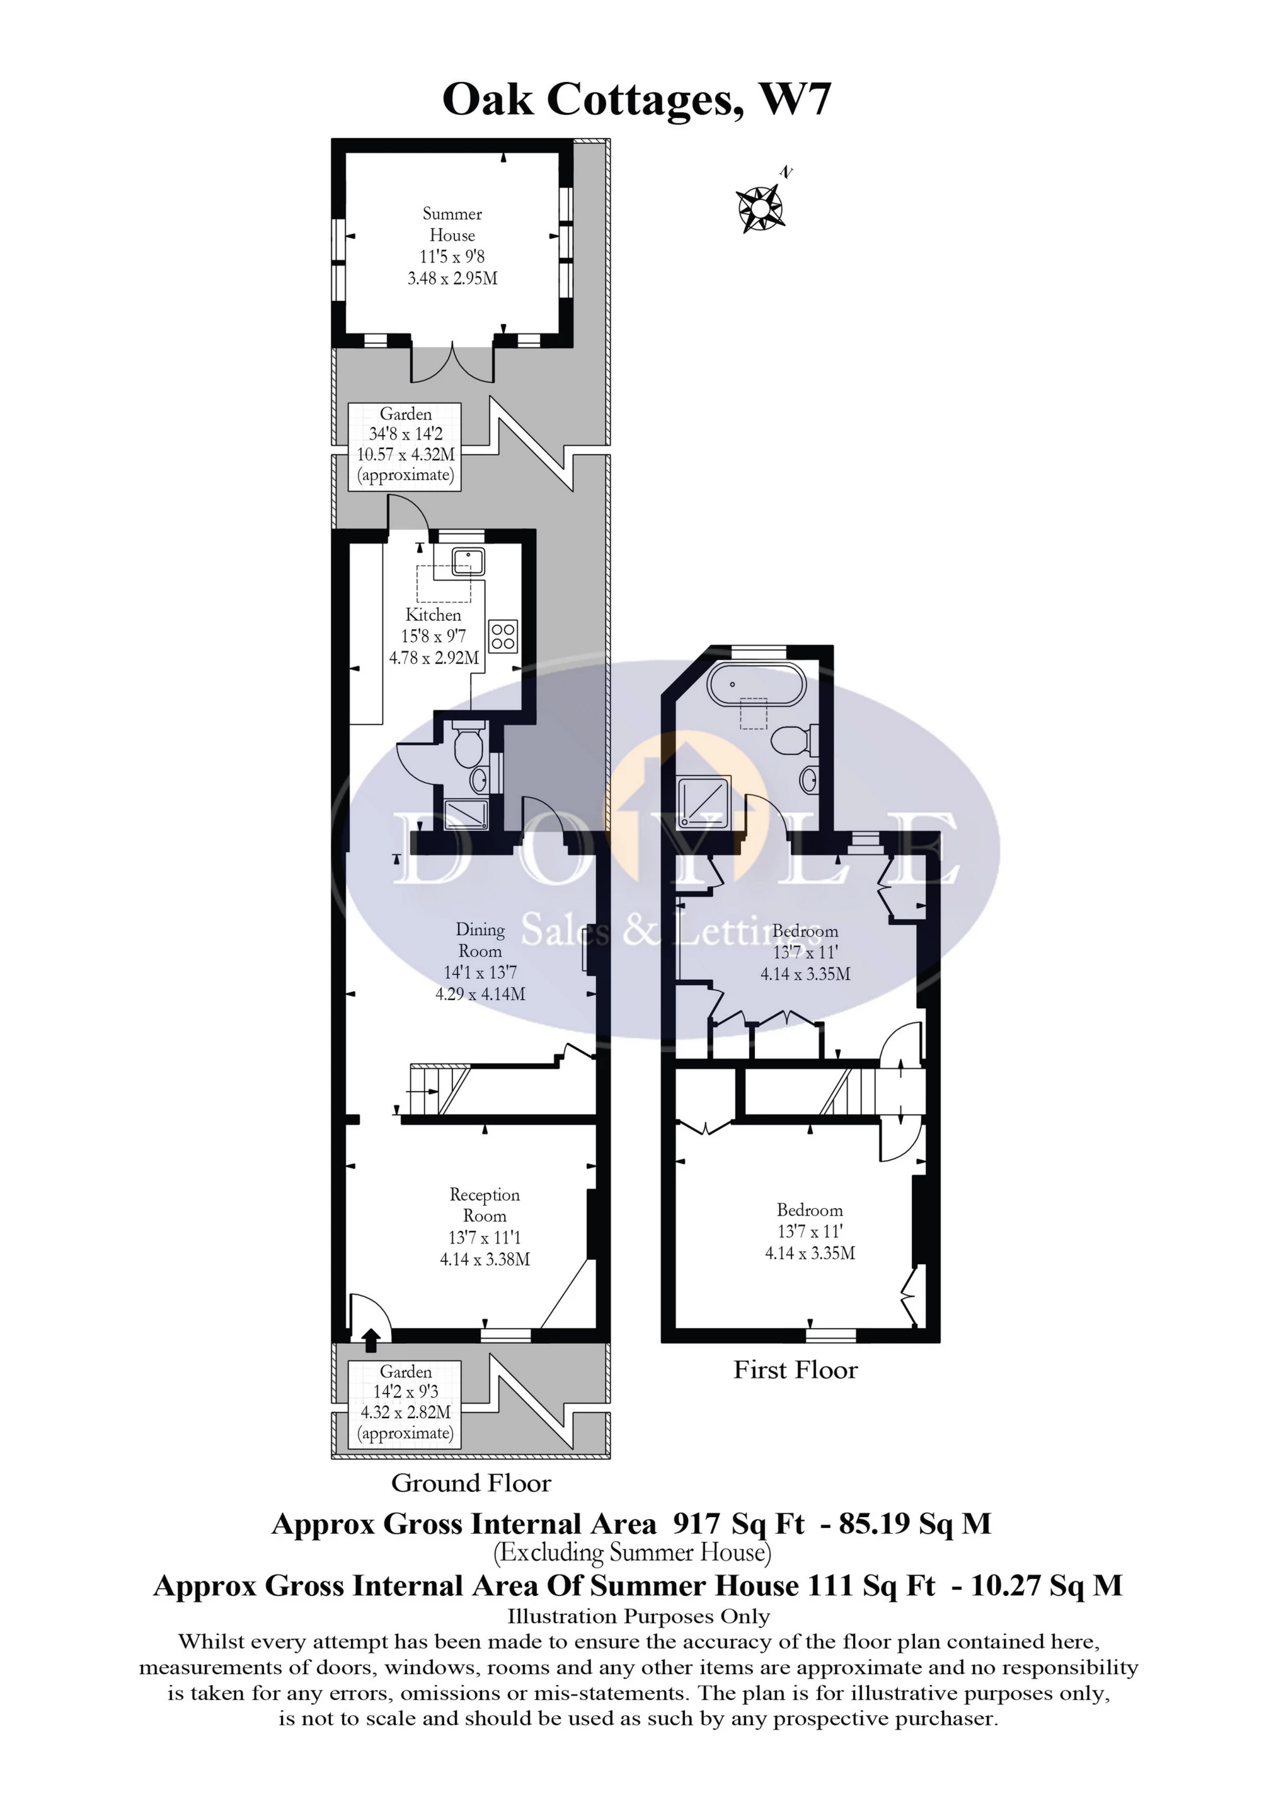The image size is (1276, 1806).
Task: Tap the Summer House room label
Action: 452,225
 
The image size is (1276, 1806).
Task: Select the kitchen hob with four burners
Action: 503,636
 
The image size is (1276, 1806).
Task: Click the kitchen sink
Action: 469,561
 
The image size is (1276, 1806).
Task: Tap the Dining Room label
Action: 480,940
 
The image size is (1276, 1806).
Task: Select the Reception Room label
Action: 485,1205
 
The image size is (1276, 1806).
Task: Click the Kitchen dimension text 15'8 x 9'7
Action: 433,636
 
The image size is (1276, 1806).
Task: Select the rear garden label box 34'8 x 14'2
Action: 405,445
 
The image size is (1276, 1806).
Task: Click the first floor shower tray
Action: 705,804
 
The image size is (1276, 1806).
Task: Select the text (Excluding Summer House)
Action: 632,1553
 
